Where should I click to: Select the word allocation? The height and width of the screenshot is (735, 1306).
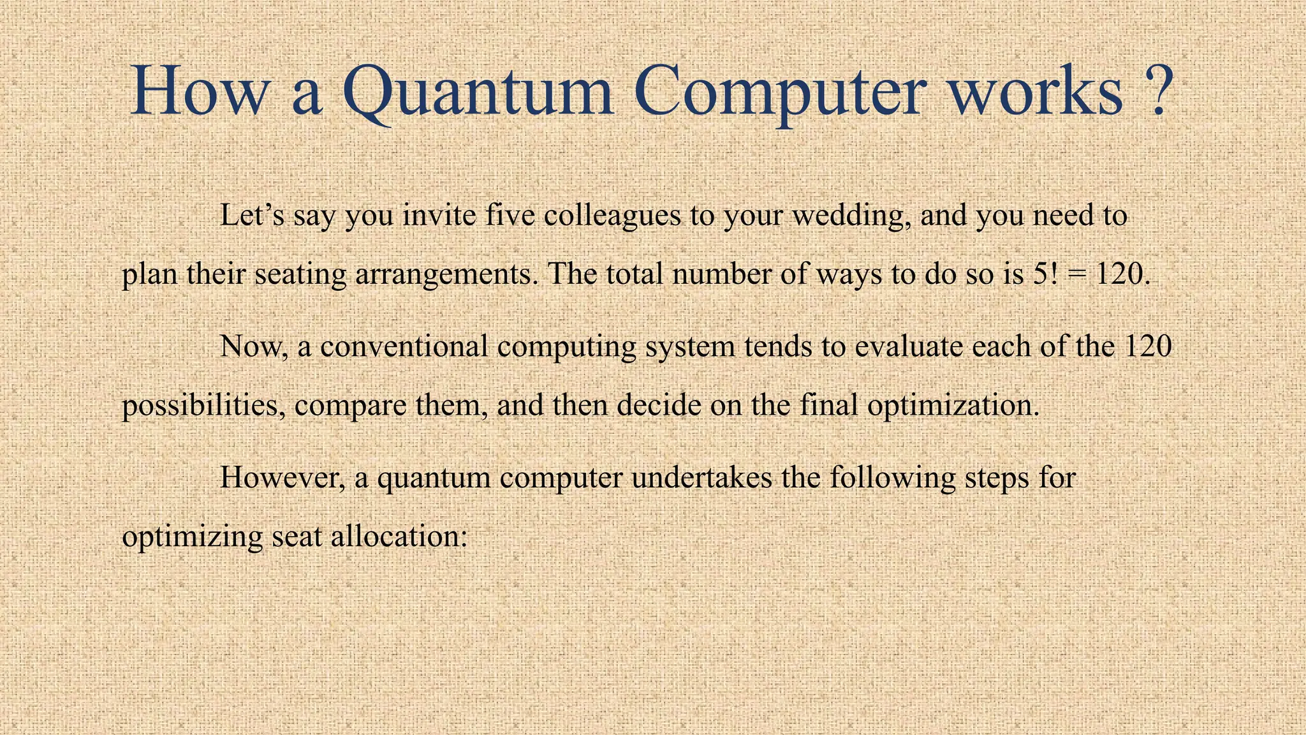(x=399, y=536)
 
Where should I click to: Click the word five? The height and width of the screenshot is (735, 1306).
(x=510, y=215)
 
